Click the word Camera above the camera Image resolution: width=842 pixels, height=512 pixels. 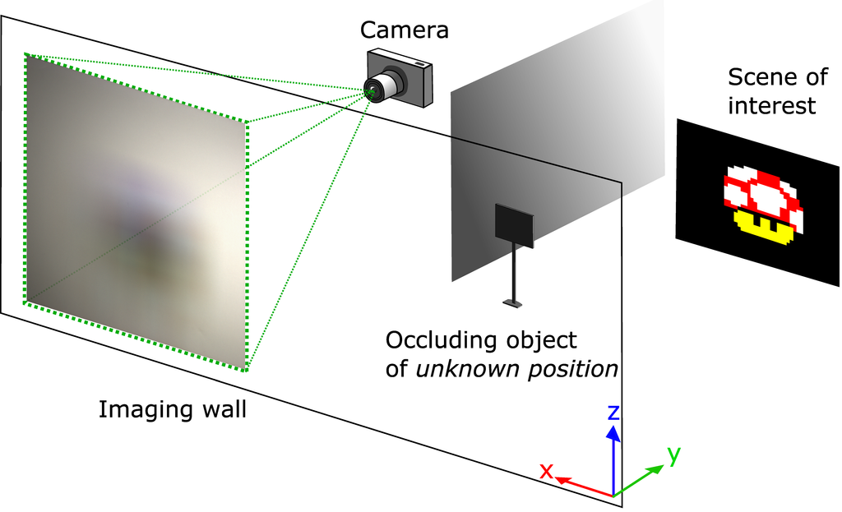[405, 31]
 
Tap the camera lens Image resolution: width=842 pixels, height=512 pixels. [375, 88]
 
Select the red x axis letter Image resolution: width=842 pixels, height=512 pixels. [545, 471]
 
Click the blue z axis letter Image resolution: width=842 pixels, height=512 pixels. [613, 411]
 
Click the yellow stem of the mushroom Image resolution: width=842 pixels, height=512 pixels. [764, 224]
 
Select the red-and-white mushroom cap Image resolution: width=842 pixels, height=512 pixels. [762, 190]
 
